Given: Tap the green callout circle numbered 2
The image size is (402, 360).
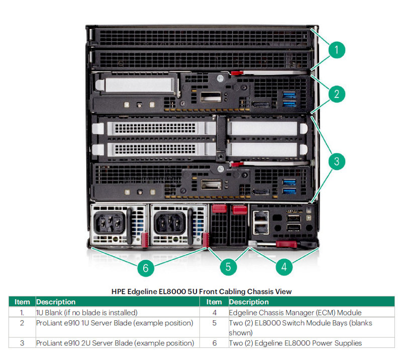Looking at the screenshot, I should coord(337,93).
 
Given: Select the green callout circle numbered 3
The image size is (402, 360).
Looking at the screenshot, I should coord(337,161).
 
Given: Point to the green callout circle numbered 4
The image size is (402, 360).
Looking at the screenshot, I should coord(284,266).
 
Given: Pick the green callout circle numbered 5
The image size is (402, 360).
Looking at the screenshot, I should coord(228,266).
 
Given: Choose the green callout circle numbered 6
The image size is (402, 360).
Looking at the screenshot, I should coord(146,268).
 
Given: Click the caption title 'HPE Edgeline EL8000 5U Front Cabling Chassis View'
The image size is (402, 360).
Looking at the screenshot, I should coord(201,291).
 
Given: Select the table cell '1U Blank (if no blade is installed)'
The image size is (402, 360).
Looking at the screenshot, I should coord(87,312).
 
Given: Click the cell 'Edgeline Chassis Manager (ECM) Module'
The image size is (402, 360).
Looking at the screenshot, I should coord(295,312).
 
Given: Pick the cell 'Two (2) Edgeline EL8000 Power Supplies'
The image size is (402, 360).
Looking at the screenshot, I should coord(295,343).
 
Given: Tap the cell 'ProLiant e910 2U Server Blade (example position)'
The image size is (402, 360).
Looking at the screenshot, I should coord(115,343).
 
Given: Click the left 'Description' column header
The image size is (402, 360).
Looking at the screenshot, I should coord(56,302).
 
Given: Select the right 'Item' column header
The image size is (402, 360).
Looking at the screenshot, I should coord(214,302).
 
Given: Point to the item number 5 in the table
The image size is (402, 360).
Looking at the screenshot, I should coord(214,323).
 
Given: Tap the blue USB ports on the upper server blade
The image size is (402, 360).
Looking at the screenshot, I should coord(289,100).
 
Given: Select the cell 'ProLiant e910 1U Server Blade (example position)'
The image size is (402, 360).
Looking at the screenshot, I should coord(115,323).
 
